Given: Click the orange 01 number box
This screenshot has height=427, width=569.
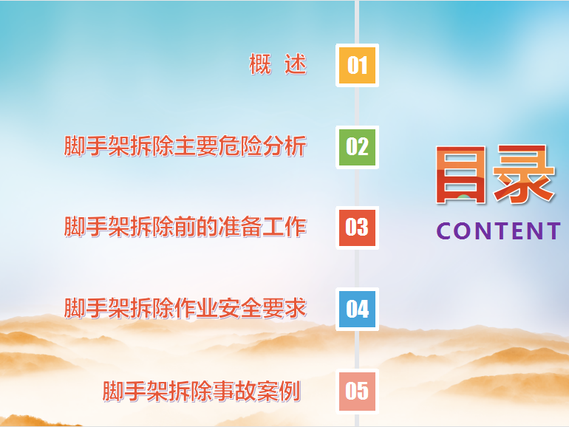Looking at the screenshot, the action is pyautogui.click(x=357, y=65).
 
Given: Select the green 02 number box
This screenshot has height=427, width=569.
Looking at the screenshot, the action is pyautogui.click(x=357, y=147).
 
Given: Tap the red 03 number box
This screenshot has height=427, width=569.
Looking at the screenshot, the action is pyautogui.click(x=357, y=228).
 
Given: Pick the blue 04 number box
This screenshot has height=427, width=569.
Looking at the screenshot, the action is pyautogui.click(x=357, y=309).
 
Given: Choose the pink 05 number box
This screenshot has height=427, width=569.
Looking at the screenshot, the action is pyautogui.click(x=357, y=391).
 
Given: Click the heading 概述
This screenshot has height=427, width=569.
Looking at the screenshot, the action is pyautogui.click(x=278, y=64).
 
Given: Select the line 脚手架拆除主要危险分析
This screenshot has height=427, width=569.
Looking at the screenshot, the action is pyautogui.click(x=185, y=146).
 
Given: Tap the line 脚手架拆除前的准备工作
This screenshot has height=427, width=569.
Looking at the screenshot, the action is pyautogui.click(x=185, y=227).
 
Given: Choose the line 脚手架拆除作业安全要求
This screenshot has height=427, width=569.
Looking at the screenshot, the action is pyautogui.click(x=185, y=308).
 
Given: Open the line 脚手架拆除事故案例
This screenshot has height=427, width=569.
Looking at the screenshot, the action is pyautogui.click(x=202, y=391).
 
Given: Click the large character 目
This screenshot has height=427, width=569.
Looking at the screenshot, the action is pyautogui.click(x=460, y=174).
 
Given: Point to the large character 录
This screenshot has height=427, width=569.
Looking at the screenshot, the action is pyautogui.click(x=524, y=174).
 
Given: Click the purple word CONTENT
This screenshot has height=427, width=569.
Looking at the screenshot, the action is pyautogui.click(x=498, y=231).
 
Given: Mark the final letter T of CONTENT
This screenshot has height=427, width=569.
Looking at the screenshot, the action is pyautogui.click(x=553, y=231).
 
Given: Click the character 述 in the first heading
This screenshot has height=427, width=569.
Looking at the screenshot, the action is pyautogui.click(x=296, y=64).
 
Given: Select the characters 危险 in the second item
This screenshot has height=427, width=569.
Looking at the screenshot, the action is pyautogui.click(x=241, y=146).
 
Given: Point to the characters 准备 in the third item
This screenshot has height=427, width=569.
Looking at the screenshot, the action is pyautogui.click(x=241, y=227).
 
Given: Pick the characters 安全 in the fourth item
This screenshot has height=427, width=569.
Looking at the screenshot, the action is pyautogui.click(x=241, y=308).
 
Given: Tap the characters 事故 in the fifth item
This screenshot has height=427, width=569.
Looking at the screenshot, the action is pyautogui.click(x=234, y=391).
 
